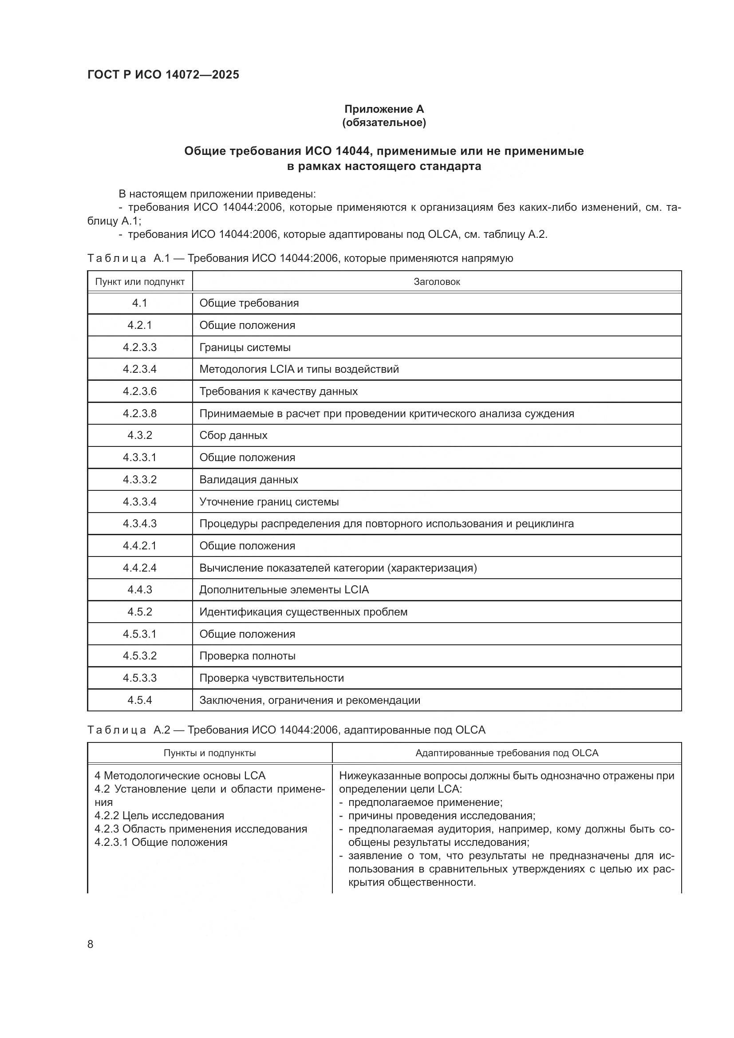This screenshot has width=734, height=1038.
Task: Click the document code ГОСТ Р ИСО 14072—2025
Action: point(163,75)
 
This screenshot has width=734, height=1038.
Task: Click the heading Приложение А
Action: point(384,109)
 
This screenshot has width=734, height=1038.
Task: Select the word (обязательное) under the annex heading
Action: point(384,122)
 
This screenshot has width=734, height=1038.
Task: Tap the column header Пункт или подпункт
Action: point(140,282)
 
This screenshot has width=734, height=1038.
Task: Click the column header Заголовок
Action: point(437,282)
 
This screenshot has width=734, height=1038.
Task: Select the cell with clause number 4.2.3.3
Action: point(140,347)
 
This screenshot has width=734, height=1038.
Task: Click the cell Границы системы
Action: point(245,347)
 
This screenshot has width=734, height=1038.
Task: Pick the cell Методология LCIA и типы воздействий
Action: point(299,369)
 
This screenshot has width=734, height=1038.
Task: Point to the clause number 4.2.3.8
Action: point(140,413)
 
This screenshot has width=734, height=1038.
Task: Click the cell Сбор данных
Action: point(233,435)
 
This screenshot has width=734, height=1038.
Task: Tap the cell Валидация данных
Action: point(249,479)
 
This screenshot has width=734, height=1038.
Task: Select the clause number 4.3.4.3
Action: point(140,524)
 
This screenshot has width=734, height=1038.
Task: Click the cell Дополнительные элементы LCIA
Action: point(284,589)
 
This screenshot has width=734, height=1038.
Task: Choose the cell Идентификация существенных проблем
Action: point(303,612)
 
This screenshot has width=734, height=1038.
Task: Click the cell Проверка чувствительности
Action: point(271,678)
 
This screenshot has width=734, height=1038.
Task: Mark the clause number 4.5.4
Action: point(140,700)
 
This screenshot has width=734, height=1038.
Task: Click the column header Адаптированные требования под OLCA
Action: point(507,753)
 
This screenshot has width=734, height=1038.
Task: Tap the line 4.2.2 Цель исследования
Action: point(159,815)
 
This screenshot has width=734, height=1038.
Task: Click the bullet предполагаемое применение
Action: point(425,802)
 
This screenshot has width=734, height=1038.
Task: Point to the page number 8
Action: point(91,944)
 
